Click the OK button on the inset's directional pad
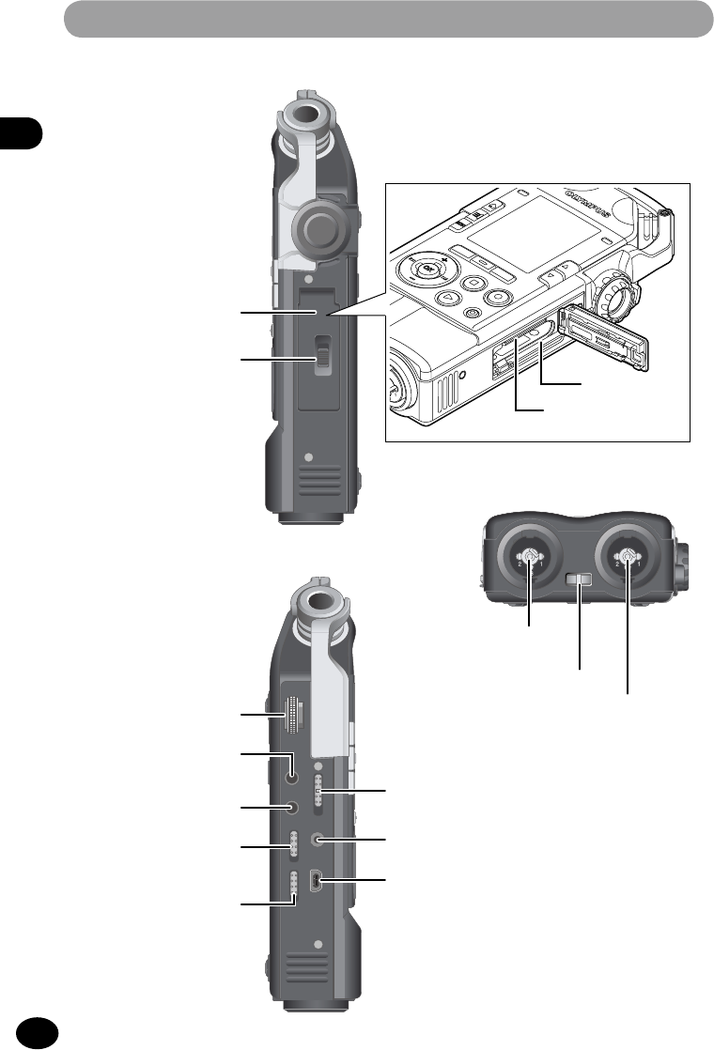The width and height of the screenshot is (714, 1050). coord(430,272)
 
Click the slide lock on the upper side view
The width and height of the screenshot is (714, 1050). coord(322,359)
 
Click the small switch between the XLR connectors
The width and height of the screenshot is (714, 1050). coord(579,584)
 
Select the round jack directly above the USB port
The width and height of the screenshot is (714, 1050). coord(322,840)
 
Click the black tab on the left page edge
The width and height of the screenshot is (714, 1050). coord(21,133)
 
